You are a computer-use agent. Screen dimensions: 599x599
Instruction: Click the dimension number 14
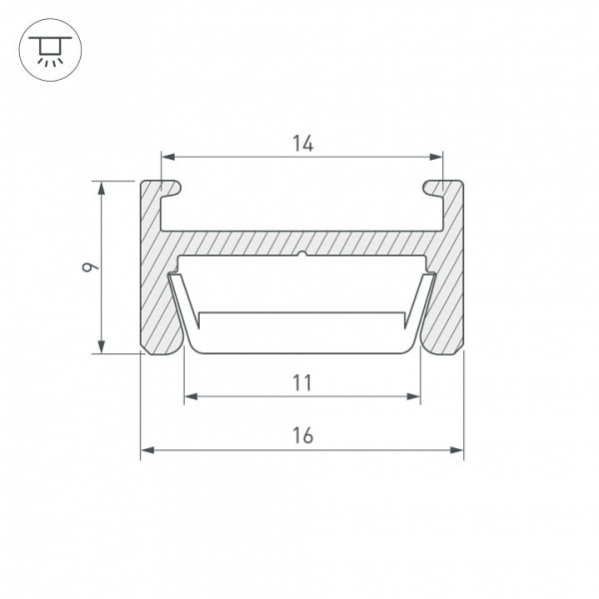coord(302,144)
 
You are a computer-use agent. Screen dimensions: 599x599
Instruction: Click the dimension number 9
coord(91,267)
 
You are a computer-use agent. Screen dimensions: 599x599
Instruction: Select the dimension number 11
coord(302,383)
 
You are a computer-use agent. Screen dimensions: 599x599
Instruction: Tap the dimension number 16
coord(302,436)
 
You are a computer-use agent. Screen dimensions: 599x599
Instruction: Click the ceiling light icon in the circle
coord(50,51)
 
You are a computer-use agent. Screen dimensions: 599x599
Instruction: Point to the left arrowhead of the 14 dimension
coord(168,157)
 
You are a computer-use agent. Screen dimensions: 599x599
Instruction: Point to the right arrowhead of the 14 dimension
coord(436,157)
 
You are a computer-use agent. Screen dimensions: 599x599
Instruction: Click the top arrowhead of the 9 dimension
coord(101,188)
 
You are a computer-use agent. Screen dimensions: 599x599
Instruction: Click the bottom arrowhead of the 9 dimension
coord(101,346)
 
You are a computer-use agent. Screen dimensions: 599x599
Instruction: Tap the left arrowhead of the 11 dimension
coord(191,396)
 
